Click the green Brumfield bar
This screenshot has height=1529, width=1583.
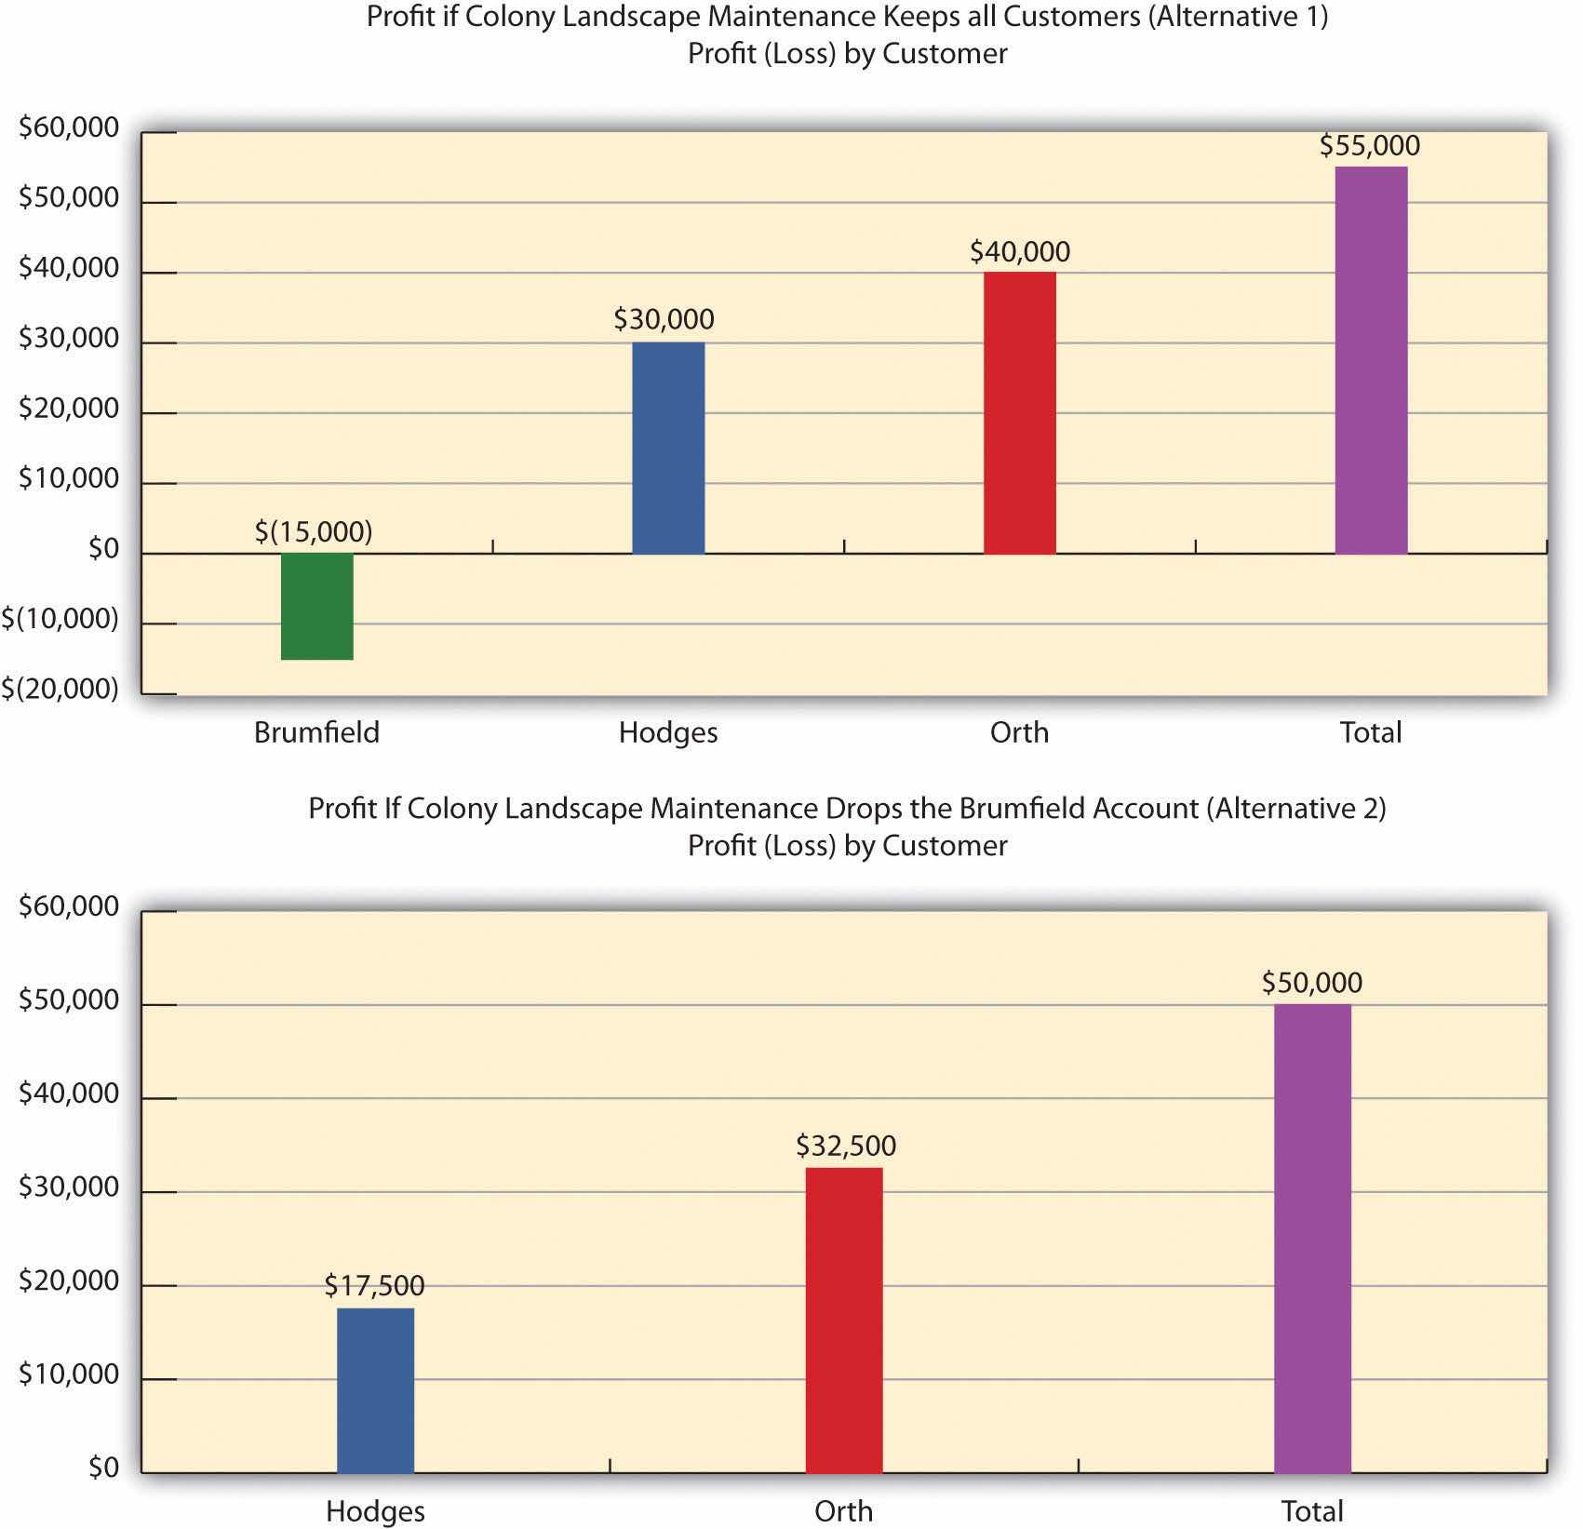click(317, 606)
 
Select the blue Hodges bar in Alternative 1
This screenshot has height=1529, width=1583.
click(668, 448)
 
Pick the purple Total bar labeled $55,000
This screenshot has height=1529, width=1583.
click(1371, 360)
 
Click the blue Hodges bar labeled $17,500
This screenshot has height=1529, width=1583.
click(375, 1390)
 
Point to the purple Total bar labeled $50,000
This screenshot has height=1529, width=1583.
click(1312, 1238)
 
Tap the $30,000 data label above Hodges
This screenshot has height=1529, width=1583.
click(664, 319)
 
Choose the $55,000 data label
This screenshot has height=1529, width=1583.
click(1369, 145)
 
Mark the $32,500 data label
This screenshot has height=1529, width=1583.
click(845, 1146)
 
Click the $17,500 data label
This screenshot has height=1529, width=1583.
click(374, 1285)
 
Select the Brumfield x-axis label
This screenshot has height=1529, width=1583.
click(316, 732)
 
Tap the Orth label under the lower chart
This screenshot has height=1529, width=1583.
click(843, 1510)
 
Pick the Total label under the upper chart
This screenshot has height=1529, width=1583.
click(1370, 732)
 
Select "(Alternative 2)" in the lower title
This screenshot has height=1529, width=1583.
click(1295, 808)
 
